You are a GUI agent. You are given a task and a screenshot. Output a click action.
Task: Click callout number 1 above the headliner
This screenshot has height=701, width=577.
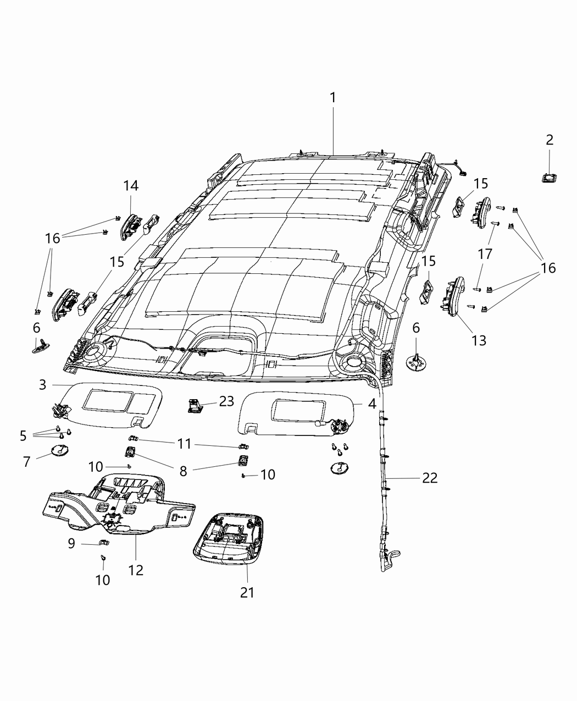pos(332,97)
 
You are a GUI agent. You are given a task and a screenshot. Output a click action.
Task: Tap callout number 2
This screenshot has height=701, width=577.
pos(550,140)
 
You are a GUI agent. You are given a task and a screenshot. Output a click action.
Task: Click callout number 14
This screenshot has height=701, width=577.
pos(131,186)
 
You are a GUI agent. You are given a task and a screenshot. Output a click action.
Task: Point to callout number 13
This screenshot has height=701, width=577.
pos(479,340)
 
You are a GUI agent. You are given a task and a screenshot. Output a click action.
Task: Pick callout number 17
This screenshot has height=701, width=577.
pos(485,254)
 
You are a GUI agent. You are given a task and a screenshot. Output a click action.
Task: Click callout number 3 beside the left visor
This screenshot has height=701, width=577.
pos(43,384)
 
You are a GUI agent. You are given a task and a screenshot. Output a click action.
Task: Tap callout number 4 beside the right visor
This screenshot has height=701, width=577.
pos(372,404)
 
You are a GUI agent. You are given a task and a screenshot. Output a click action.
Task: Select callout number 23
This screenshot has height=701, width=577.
pos(227,401)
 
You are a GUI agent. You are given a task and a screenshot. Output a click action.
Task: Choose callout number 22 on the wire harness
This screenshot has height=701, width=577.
pos(430,478)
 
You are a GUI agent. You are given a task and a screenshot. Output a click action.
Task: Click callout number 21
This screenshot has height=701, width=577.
pos(247,592)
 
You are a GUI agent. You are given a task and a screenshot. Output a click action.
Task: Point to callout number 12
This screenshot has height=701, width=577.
pos(136,570)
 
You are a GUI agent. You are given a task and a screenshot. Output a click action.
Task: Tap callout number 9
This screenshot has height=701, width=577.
pos(71,543)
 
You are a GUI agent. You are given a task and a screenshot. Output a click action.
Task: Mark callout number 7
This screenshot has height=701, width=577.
pos(26,462)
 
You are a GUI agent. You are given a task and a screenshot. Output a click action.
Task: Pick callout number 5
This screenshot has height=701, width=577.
pos(23,436)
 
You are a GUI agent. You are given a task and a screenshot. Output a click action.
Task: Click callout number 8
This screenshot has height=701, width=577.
pos(183,471)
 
